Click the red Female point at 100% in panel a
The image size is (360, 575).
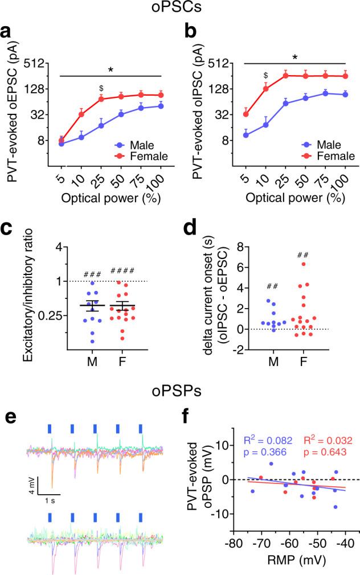coord(161,95)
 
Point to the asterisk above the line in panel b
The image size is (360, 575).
coord(294,57)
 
